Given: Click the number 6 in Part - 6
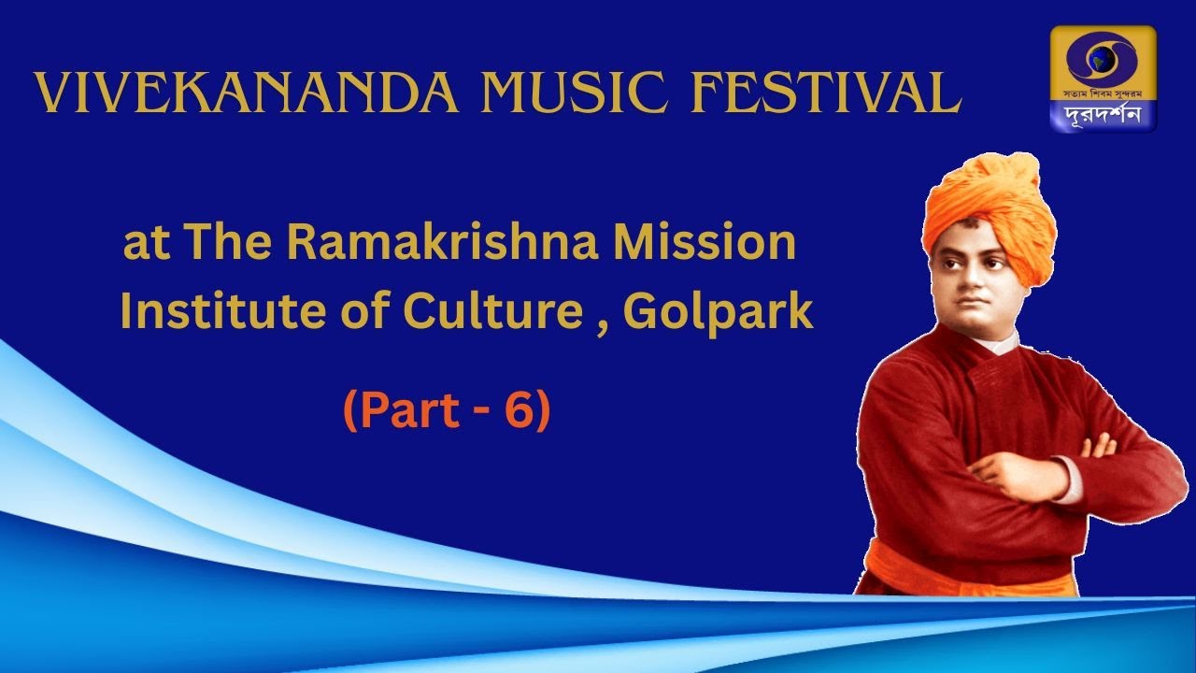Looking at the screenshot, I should click(x=520, y=412).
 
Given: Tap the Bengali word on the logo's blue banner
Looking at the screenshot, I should click(x=1103, y=115).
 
